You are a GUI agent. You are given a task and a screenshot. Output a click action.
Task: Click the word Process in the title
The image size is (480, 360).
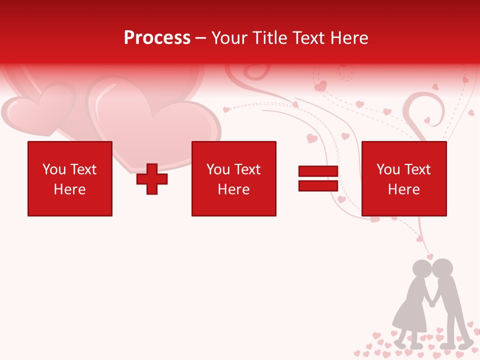tap(157, 38)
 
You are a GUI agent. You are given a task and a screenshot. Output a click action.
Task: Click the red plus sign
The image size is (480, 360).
tap(152, 179)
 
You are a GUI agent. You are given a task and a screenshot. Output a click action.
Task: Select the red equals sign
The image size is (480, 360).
tap(318, 179)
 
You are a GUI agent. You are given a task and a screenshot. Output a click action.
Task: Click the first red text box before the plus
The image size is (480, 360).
tap(70, 178)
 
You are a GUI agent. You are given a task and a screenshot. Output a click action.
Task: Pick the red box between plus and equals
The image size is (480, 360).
tap(233, 178)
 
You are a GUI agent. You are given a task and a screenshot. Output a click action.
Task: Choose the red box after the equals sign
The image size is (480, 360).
tap(404, 178)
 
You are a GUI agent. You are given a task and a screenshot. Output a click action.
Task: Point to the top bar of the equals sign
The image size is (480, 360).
tap(318, 171)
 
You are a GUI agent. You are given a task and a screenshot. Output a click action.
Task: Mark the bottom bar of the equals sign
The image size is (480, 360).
tap(318, 186)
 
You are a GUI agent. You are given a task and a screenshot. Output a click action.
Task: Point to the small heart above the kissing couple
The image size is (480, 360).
tap(429, 256)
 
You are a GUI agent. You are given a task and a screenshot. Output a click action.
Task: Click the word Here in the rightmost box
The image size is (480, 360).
tap(404, 189)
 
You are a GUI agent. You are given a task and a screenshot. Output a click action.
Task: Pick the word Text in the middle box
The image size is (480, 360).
tap(247, 169)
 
